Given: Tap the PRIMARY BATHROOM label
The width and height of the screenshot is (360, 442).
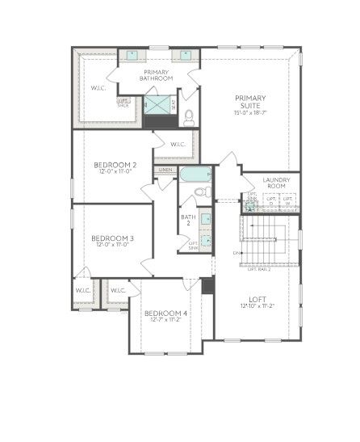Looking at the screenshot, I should pos(156,75).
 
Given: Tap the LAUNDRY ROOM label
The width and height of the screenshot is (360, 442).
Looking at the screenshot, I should pos(275,183).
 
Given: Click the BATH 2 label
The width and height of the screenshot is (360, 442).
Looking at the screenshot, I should pos(188,220).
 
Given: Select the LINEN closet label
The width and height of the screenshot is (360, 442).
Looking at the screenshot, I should pos(165,170).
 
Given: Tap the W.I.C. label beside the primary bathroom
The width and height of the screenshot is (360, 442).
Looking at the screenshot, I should pos(98,87).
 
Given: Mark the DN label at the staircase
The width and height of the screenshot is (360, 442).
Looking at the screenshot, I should pos(236,254).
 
